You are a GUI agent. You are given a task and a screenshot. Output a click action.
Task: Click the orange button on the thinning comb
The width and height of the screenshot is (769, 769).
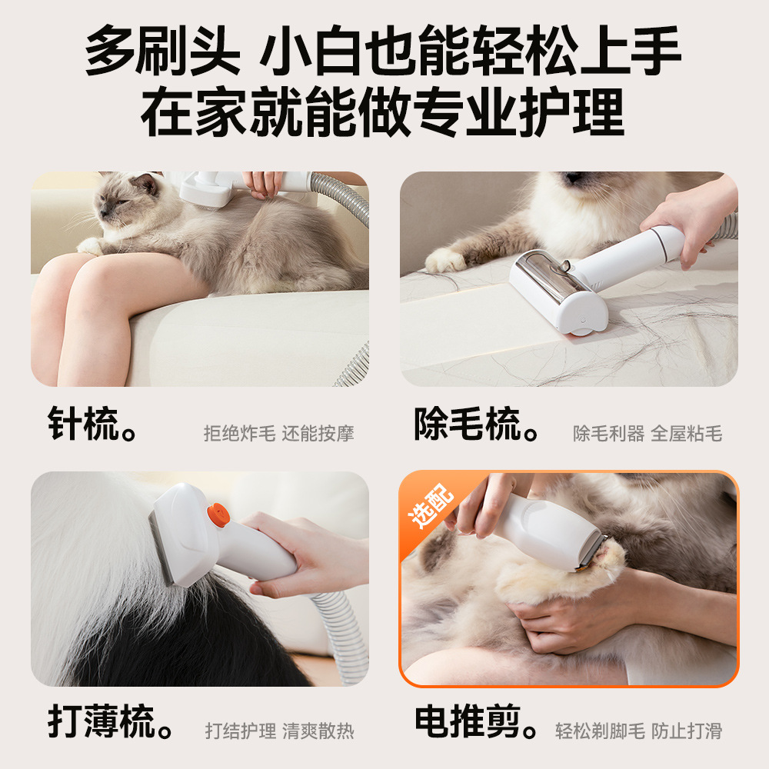(x=218, y=515)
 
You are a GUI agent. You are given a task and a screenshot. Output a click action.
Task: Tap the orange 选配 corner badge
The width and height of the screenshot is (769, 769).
(x=430, y=506)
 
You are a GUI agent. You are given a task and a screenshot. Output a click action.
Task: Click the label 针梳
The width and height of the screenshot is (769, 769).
(x=83, y=424)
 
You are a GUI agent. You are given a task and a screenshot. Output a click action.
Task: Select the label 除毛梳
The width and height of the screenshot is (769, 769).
(x=467, y=424)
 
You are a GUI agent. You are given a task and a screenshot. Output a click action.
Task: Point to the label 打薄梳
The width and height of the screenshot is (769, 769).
(x=102, y=721)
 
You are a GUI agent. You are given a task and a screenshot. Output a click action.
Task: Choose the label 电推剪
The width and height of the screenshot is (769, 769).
(x=468, y=721)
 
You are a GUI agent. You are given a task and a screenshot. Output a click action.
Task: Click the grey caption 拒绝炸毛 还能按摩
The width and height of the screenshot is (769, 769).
(x=278, y=434)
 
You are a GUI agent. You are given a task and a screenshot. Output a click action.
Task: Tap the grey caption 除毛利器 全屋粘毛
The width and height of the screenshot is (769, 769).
(x=647, y=434)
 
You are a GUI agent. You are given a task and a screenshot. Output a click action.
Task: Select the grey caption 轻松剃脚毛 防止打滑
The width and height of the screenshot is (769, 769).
(x=638, y=731)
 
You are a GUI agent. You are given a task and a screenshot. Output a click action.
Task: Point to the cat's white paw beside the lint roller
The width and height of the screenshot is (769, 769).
(x=444, y=261)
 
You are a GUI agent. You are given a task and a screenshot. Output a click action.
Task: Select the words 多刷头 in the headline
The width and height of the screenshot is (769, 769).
(x=162, y=51)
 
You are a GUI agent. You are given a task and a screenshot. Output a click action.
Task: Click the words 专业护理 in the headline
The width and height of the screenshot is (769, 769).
(x=519, y=112)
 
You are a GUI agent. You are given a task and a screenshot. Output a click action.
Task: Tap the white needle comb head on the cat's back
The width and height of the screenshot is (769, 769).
(x=206, y=190)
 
